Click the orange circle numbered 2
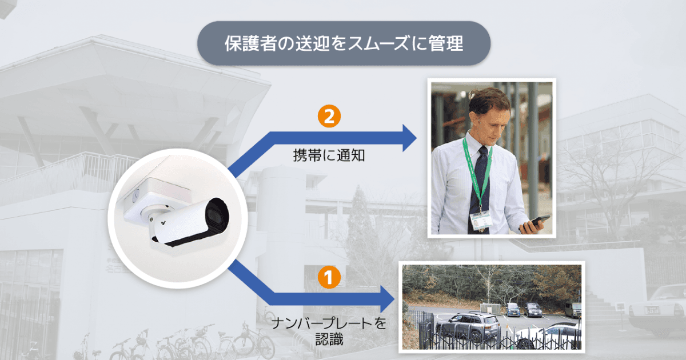[329, 117]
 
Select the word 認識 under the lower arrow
[329, 339]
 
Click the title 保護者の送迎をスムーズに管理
[343, 43]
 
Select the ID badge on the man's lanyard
[480, 220]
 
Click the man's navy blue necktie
[480, 183]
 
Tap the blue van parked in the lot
[512, 310]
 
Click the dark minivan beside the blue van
[533, 310]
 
